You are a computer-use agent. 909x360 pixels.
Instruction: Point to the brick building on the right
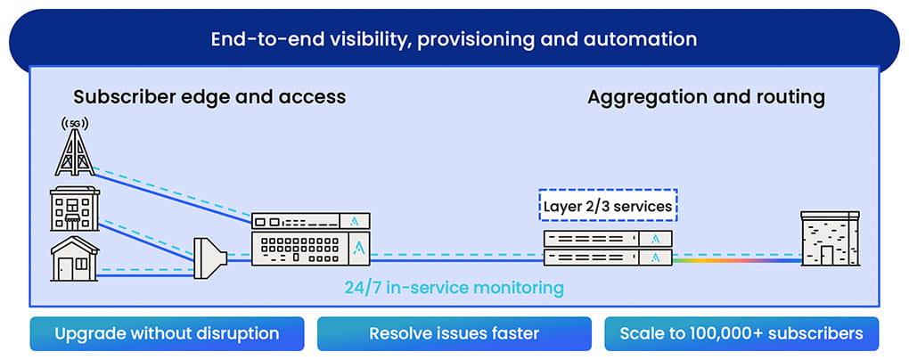point(829,239)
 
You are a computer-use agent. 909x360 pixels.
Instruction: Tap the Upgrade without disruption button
point(167,334)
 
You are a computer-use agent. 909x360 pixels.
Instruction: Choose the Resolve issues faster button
point(454,334)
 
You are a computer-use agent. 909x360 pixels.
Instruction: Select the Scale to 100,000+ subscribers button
point(741,334)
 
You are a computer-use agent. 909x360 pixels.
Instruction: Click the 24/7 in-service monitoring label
point(454,288)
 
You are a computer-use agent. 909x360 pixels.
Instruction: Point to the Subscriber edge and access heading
point(209,96)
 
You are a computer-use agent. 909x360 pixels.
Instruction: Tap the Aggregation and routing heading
point(706,96)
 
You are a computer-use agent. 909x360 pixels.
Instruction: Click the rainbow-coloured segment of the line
point(731,261)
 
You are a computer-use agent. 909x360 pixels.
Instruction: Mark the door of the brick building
point(828,255)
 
